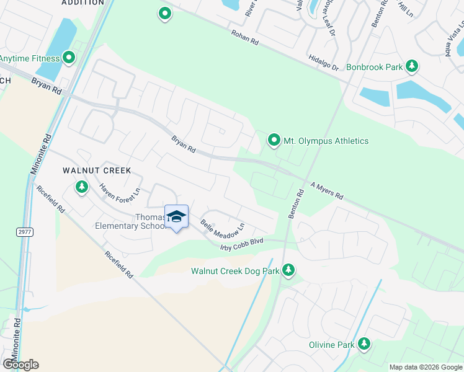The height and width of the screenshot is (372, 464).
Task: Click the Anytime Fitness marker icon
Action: [69, 58]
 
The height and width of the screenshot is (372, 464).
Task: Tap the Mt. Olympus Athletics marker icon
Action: [274, 140]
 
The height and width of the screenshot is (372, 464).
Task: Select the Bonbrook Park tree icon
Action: [411, 66]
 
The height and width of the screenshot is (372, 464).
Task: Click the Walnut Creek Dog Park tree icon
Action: [288, 270]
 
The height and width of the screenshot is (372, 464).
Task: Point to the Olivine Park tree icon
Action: [364, 344]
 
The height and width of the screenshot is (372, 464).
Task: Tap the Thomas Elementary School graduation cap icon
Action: [177, 216]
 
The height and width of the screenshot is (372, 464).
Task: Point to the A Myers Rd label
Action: [326, 190]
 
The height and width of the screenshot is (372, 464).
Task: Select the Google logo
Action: [20, 365]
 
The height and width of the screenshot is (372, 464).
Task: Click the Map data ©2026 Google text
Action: [425, 367]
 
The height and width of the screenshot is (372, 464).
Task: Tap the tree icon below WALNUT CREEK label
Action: [81, 186]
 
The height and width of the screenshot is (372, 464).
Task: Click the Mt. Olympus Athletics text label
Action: [326, 141]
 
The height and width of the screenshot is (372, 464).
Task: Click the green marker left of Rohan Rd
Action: [164, 13]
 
